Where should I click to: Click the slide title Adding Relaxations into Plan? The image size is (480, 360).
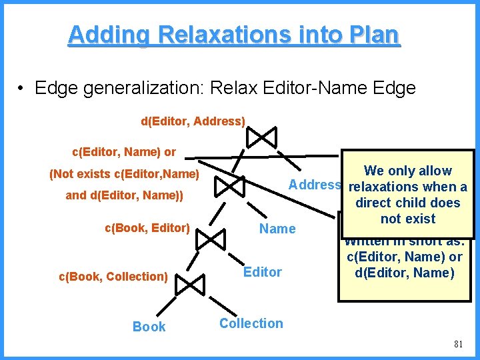234,35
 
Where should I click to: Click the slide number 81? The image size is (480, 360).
457,344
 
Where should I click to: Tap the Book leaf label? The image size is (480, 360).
149,327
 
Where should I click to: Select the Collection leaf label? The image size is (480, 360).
251,323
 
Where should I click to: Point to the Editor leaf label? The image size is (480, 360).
262,272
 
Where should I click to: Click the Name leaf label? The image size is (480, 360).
277,229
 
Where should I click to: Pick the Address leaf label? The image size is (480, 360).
315,185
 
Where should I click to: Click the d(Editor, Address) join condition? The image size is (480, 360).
193,121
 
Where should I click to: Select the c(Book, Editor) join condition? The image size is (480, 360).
147,228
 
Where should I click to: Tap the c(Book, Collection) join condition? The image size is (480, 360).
113,276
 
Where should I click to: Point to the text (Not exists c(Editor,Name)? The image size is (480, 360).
125,175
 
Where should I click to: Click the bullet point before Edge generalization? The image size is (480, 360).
22,88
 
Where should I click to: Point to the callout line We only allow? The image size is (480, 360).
407,171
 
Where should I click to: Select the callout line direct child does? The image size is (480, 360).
407,203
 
